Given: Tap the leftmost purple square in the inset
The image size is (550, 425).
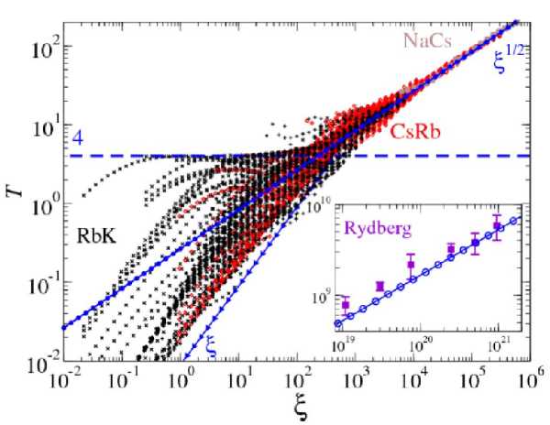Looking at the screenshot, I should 346,304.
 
